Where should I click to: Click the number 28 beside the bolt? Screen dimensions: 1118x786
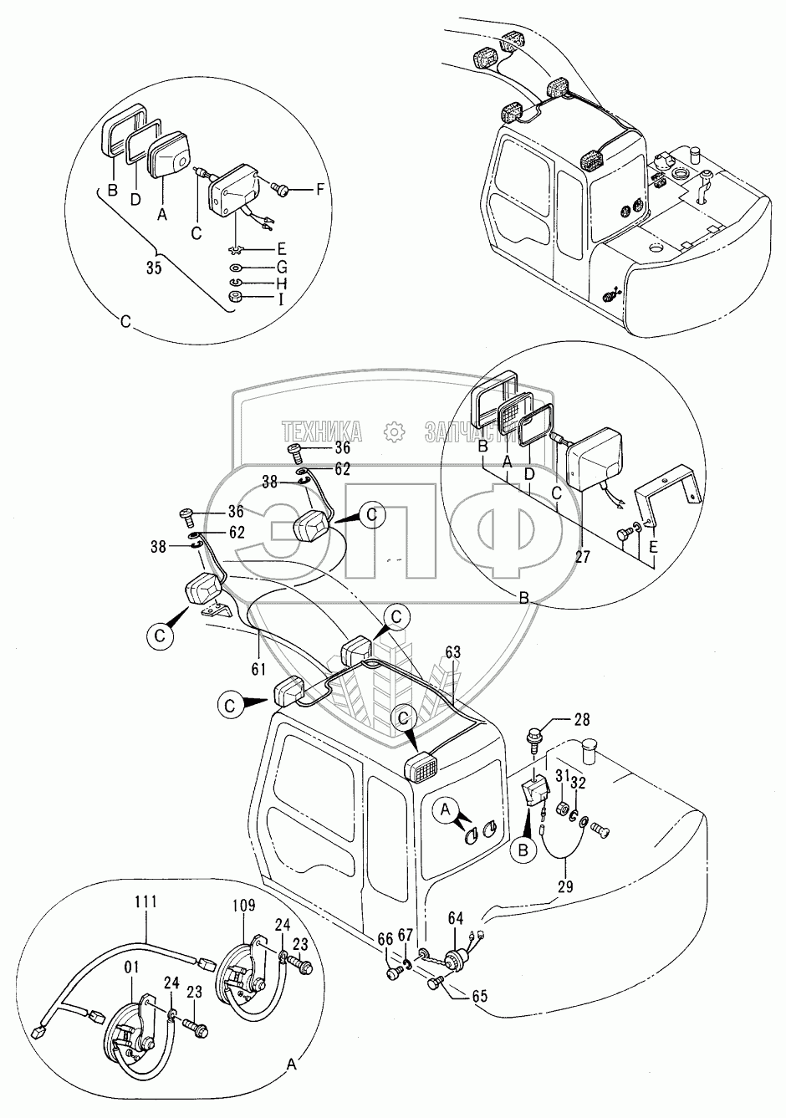point(581,719)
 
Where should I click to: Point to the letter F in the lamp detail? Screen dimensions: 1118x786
point(319,191)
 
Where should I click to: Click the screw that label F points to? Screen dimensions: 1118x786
point(282,191)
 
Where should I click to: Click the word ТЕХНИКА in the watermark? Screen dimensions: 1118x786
point(322,431)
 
